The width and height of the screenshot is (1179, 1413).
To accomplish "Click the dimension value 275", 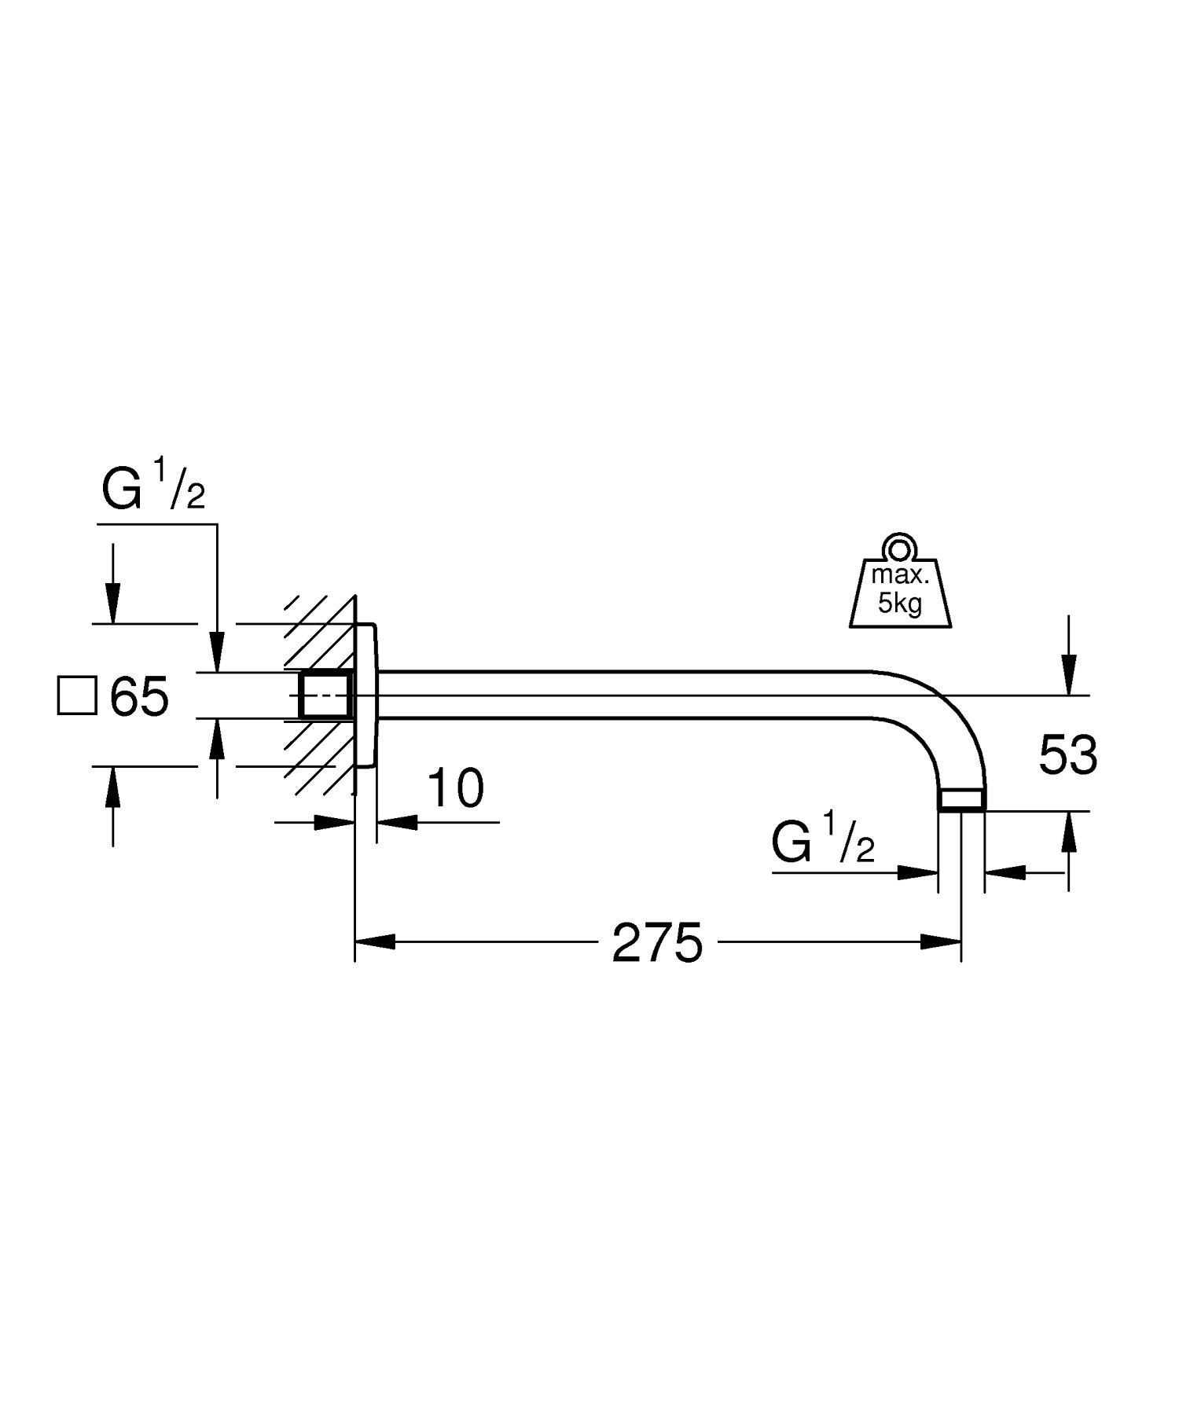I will point(657,943).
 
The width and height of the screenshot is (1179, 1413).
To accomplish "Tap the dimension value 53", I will point(1067,755).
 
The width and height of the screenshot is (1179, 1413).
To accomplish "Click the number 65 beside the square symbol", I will point(139,696).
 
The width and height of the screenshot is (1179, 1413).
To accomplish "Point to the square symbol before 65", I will point(77,695).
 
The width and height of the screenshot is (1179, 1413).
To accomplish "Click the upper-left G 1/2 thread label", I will point(153,487).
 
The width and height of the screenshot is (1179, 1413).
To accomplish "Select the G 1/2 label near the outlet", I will point(822,842).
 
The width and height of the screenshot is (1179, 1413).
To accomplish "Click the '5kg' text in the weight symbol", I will point(899,604).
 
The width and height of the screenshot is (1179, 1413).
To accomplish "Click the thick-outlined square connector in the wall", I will point(325,696).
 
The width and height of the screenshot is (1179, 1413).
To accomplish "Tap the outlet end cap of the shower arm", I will point(961,800).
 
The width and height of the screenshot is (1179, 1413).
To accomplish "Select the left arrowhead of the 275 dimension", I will point(374,941).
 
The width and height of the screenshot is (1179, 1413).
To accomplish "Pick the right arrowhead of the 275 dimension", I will point(942,941).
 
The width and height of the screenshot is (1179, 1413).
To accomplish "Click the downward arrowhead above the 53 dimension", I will point(1068,676).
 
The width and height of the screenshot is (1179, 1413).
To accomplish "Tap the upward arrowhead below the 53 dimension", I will point(1068,831).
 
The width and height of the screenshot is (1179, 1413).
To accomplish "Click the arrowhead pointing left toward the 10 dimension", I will point(397,822).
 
